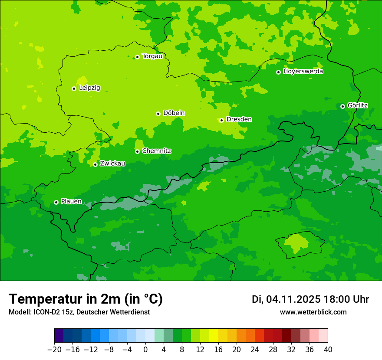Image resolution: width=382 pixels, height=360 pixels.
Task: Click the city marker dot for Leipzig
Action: click(74, 88)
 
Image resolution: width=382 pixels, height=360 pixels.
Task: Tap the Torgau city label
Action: click(152, 56)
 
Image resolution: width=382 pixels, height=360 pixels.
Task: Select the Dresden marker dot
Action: click(221, 120)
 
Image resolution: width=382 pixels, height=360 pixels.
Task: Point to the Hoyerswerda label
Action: click(303, 72)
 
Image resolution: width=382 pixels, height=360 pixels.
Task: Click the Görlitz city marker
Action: click(342, 106)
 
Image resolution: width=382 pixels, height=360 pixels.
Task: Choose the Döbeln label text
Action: click(174, 113)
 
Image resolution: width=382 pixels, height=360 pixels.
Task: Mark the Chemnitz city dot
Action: click(137, 151)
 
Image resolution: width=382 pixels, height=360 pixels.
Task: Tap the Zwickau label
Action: click(112, 164)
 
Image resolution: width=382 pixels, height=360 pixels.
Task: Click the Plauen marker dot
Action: click(56, 202)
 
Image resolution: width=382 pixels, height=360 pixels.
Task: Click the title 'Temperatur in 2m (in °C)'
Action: click(86, 299)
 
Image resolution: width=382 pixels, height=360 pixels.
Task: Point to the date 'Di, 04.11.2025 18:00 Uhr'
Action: click(310, 299)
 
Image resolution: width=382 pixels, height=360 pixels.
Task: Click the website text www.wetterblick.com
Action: click(313, 312)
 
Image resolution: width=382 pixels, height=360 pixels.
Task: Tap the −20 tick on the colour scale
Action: click(54, 350)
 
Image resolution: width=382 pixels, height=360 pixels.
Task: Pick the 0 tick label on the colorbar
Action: click(145, 350)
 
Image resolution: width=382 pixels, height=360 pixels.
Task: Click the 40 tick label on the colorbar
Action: click(328, 350)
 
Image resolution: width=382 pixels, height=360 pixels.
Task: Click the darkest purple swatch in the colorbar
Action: click(59, 336)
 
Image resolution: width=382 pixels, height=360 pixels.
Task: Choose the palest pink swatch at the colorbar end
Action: click(323, 336)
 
